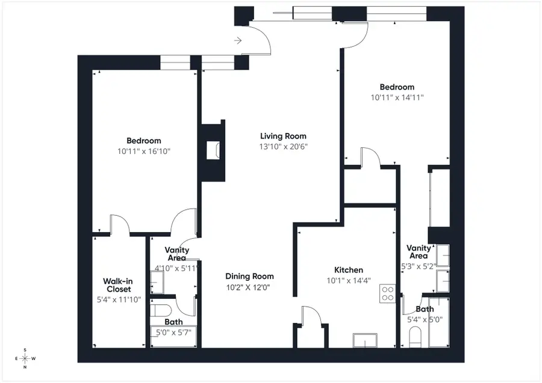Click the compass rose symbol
25,359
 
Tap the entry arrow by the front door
238,41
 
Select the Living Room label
283,136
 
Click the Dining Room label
249,276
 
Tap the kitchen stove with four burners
387,293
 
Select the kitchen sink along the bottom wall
365,340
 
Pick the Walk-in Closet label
119,284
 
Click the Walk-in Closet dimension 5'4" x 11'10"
119,299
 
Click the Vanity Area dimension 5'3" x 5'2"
419,265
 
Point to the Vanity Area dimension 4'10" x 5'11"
176,268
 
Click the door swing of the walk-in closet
120,224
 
